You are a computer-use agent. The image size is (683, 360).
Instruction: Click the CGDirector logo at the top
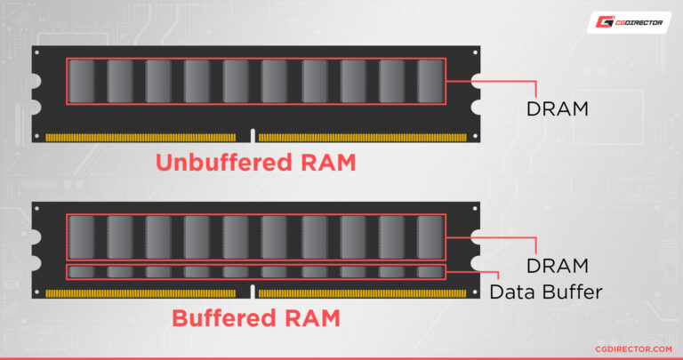pyautogui.click(x=629, y=22)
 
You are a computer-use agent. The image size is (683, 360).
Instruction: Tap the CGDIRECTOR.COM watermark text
pyautogui.click(x=633, y=349)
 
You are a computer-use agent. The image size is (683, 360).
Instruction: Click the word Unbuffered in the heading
pyautogui.click(x=223, y=163)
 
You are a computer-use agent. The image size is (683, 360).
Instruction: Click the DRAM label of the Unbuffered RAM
pyautogui.click(x=557, y=108)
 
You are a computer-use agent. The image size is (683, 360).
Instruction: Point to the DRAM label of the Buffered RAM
pyautogui.click(x=557, y=266)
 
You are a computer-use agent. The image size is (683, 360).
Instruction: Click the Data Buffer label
pyautogui.click(x=546, y=292)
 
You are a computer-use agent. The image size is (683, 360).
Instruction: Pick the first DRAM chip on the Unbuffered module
pyautogui.click(x=82, y=82)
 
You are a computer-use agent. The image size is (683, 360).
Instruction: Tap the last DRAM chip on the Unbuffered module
pyautogui.click(x=430, y=82)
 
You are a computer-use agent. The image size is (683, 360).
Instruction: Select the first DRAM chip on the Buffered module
pyautogui.click(x=82, y=237)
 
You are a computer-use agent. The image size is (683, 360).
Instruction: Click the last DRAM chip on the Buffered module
pyautogui.click(x=430, y=237)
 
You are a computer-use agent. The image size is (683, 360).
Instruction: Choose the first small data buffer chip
pyautogui.click(x=82, y=272)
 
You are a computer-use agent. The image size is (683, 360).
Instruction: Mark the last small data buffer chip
pyautogui.click(x=430, y=272)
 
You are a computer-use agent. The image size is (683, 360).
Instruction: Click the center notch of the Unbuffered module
pyautogui.click(x=253, y=136)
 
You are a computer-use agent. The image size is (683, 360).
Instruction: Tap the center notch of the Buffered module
pyautogui.click(x=253, y=292)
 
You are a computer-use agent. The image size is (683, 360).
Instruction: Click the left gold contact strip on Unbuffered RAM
pyautogui.click(x=141, y=138)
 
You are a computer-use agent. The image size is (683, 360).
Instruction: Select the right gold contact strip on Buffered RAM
pyautogui.click(x=363, y=294)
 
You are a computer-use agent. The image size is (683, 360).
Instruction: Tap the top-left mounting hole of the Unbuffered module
pyautogui.click(x=37, y=52)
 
